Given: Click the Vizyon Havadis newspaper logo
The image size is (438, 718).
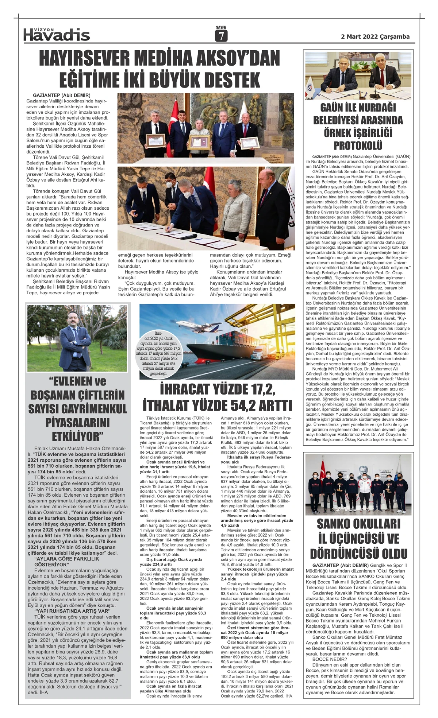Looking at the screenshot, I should pyautogui.click(x=57, y=34).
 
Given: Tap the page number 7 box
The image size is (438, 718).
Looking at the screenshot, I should pyautogui.click(x=221, y=36).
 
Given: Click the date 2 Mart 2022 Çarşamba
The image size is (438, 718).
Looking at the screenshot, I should pyautogui.click(x=375, y=36).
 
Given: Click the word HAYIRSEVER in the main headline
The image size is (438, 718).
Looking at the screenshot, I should pyautogui.click(x=82, y=59).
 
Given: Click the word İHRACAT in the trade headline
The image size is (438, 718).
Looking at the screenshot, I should pyautogui.click(x=187, y=390).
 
